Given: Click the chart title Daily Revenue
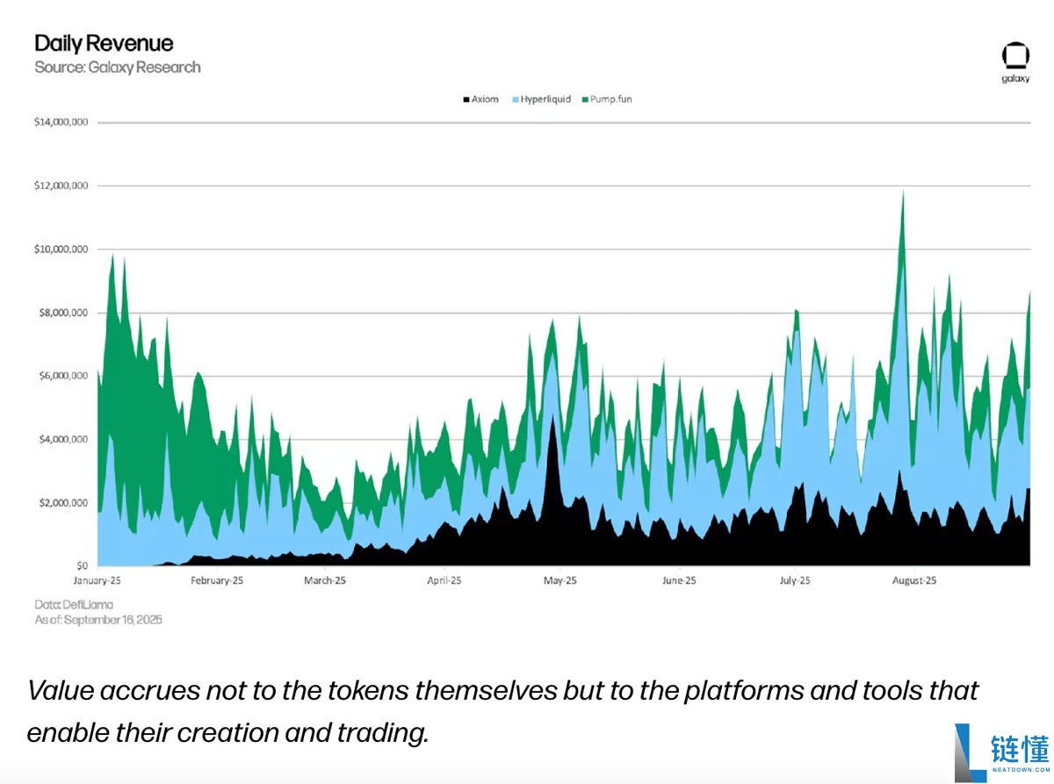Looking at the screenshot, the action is point(104,44).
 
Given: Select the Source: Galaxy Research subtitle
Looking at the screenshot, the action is point(118,68).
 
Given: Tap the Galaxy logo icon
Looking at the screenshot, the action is point(1015,56).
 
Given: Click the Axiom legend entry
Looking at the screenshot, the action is point(481,99).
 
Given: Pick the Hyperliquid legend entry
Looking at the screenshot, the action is point(541,99).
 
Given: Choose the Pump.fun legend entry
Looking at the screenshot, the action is point(607,99).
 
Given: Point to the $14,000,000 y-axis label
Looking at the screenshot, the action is point(61,122).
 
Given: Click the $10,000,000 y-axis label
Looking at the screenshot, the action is point(61,249).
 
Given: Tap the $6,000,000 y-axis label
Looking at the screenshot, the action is point(63,376).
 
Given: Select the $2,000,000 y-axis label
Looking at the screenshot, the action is point(63,503).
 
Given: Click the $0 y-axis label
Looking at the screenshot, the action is point(83,565).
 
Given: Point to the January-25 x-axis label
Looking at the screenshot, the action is point(97,580).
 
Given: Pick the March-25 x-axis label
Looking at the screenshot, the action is point(325,580).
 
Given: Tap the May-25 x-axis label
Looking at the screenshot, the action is point(559,580).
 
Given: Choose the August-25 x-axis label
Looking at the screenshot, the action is point(914,580).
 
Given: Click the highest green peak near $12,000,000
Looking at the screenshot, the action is point(903,191).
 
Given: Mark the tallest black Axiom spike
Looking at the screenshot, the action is point(552,417).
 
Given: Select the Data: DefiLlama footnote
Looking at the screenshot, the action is point(74,605).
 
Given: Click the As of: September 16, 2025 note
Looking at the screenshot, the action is point(97,620).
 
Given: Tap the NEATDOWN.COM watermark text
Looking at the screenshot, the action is point(1021,770).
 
